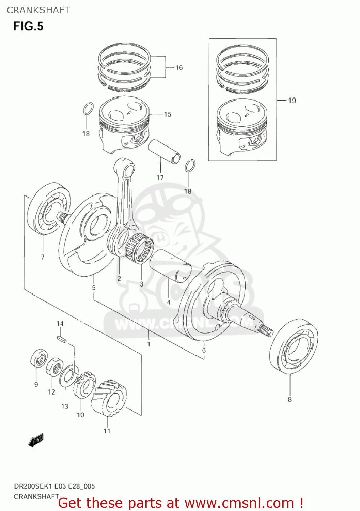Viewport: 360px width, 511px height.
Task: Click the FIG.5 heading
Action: (x=28, y=26)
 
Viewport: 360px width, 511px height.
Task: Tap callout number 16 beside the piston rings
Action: (x=179, y=68)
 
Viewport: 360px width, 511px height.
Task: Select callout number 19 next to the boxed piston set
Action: (x=292, y=100)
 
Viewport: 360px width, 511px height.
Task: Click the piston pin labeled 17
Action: (x=164, y=151)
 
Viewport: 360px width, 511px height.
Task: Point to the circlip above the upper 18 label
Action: (x=88, y=109)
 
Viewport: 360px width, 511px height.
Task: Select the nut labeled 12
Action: (x=54, y=368)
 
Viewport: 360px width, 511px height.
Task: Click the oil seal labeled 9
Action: (x=39, y=358)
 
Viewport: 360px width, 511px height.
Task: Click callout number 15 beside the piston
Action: (x=168, y=114)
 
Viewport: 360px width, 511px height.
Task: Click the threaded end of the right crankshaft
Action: (x=266, y=330)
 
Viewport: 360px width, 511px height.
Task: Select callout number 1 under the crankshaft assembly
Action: (x=149, y=344)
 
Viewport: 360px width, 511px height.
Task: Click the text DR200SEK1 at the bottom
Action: (x=33, y=486)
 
